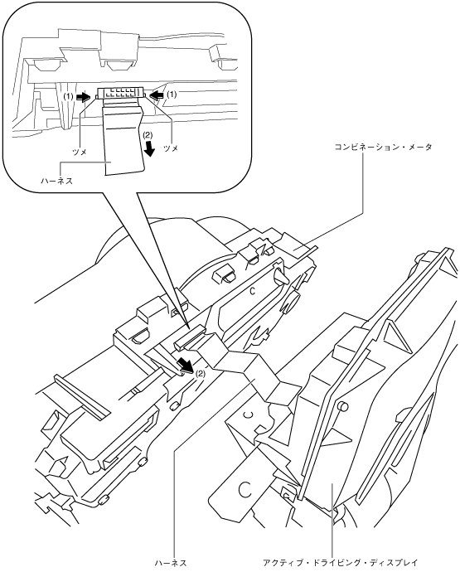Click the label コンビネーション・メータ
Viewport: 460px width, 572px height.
[x=383, y=147]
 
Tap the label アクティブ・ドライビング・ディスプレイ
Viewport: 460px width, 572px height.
[x=340, y=562]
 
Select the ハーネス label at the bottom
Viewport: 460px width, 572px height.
[x=171, y=562]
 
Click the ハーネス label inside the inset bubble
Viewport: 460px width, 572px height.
[x=56, y=180]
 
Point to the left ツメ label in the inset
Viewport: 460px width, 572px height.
[x=80, y=153]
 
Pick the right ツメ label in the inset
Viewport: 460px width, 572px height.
[x=171, y=148]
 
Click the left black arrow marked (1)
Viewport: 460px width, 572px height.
[x=83, y=96]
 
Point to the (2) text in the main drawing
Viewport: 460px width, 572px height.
[x=201, y=374]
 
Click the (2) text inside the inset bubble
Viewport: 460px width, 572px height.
[x=147, y=134]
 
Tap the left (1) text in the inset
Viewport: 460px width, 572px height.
[x=68, y=96]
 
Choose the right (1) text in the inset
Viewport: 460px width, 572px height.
[x=172, y=95]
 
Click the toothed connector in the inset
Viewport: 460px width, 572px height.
[x=120, y=94]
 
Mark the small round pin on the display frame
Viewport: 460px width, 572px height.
[x=342, y=406]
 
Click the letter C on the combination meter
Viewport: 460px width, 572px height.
[x=252, y=291]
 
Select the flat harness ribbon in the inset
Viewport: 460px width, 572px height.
[x=123, y=138]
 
